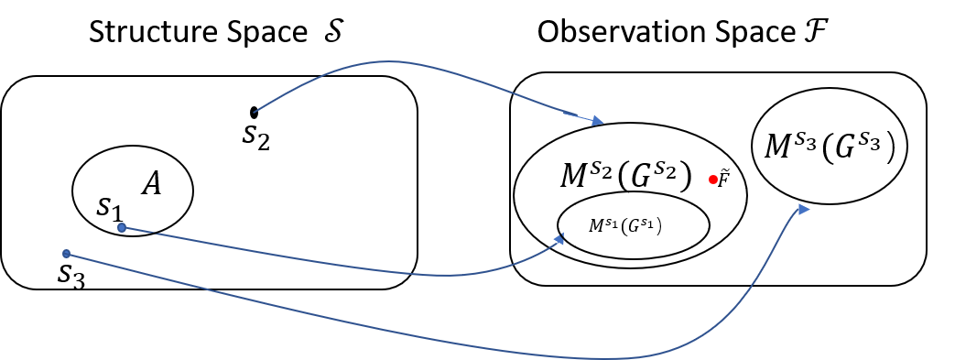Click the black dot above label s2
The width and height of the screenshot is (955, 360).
tap(255, 113)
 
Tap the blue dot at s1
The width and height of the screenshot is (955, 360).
tap(122, 227)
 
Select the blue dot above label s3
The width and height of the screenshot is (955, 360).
tap(66, 254)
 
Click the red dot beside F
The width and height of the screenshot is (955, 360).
tap(712, 180)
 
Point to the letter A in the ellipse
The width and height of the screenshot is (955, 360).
tap(151, 185)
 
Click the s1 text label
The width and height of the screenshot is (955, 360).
tap(109, 207)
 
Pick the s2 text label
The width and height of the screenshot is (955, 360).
tap(256, 136)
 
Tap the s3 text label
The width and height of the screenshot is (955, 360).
tap(71, 275)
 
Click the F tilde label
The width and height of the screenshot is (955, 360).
tap(723, 178)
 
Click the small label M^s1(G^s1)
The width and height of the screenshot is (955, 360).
tap(625, 224)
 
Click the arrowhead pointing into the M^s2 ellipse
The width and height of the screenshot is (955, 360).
tap(597, 121)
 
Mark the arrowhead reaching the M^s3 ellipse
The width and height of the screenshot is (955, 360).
tap(804, 210)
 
